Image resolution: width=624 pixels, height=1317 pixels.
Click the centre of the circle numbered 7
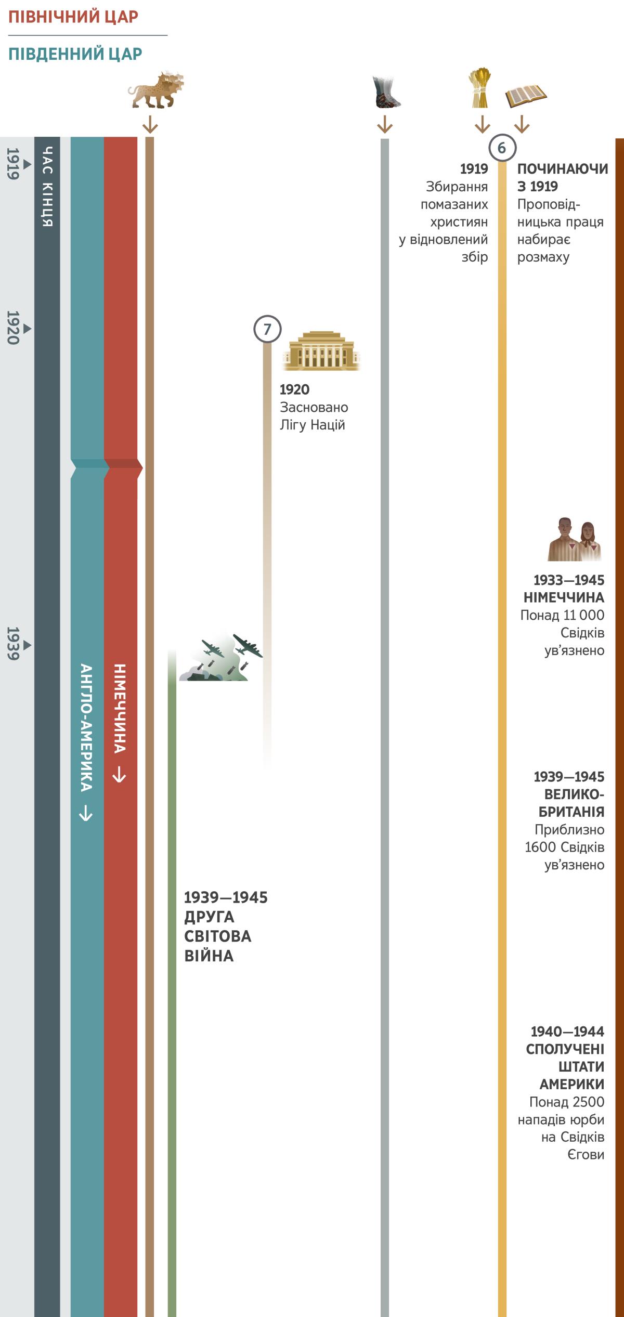[267, 329]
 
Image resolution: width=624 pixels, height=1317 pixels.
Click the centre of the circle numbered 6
[502, 148]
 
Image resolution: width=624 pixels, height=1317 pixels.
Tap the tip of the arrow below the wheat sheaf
[483, 132]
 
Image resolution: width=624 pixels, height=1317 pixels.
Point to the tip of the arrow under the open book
[522, 132]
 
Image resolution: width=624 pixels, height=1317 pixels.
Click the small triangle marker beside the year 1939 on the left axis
[28, 645]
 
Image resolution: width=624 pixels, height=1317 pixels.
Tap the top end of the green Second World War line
[172, 650]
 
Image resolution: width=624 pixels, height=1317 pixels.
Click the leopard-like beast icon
[156, 89]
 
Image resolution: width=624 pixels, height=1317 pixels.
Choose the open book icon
[526, 97]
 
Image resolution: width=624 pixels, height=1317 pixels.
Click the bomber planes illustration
[221, 657]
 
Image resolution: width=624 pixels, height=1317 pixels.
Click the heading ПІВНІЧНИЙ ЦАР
[73, 17]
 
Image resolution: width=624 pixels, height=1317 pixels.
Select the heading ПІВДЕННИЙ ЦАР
[75, 54]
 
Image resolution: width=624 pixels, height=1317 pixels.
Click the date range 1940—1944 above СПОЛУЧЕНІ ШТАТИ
[567, 1031]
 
